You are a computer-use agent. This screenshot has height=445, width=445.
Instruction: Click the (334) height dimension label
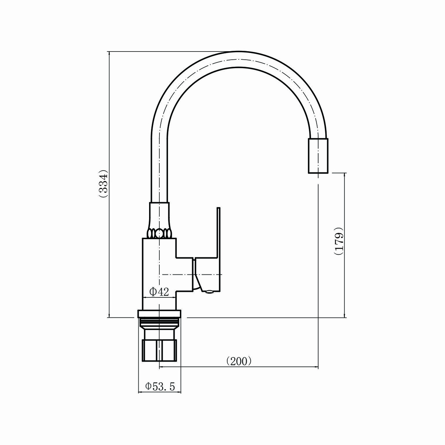tap(102, 184)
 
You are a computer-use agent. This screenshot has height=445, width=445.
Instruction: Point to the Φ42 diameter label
tap(159, 292)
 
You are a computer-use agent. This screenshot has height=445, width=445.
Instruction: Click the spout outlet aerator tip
tap(318, 156)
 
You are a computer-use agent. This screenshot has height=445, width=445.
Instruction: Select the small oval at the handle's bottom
tap(209, 292)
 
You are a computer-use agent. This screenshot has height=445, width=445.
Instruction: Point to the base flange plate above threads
tap(159, 314)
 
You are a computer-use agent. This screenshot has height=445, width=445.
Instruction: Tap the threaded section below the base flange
tap(159, 322)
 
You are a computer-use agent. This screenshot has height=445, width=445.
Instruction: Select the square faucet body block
tap(159, 274)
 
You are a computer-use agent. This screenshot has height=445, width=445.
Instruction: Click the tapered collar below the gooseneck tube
tap(159, 215)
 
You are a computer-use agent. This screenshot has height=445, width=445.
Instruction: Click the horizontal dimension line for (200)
tap(239, 367)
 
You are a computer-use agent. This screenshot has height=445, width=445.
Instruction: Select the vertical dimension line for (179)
tap(345, 245)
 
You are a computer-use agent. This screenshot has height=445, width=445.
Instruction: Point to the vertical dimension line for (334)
tap(109, 184)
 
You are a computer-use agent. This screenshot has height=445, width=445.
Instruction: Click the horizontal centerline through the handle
tap(192, 274)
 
